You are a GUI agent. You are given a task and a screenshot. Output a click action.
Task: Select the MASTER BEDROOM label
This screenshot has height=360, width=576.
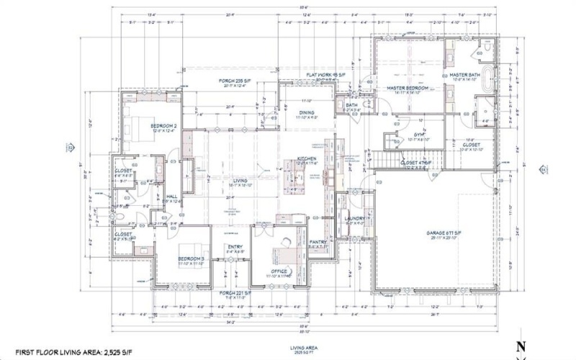408,88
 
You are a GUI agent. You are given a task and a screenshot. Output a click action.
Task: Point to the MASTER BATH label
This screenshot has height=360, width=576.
464,74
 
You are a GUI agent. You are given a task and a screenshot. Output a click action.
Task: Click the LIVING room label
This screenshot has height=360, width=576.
240,181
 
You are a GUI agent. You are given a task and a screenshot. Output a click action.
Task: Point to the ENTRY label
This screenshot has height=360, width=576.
235,247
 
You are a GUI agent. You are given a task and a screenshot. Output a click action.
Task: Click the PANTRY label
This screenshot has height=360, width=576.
318,242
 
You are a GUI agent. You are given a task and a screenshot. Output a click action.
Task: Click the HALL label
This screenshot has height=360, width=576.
172,196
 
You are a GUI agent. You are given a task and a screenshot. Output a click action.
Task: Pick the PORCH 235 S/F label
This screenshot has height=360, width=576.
236,81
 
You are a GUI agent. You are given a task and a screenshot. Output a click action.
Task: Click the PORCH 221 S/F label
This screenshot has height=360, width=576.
235,293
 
